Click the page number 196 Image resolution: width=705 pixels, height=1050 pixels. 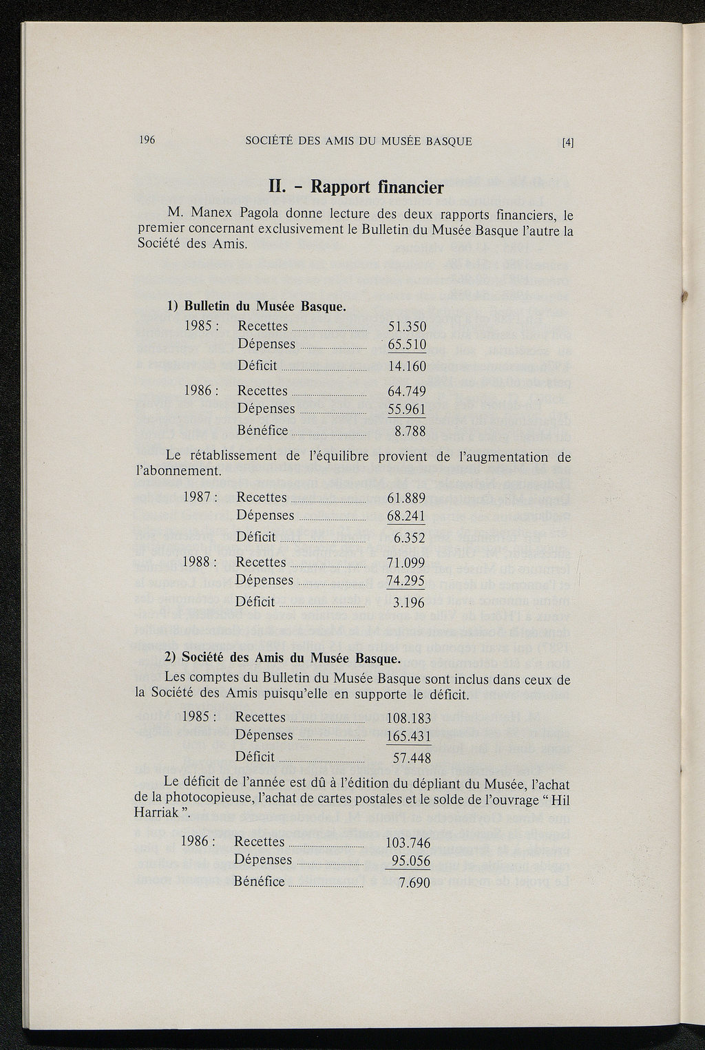click(x=147, y=140)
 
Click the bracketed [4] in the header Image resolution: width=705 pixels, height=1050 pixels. click(x=567, y=143)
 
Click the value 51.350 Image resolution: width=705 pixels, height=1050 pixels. click(x=407, y=327)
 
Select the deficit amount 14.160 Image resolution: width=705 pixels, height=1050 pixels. click(x=407, y=366)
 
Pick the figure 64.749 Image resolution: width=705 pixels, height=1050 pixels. click(x=407, y=392)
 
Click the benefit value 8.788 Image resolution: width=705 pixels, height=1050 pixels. click(x=410, y=432)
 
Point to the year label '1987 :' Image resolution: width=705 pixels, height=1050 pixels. click(x=200, y=498)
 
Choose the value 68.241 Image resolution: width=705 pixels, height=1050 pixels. click(x=406, y=516)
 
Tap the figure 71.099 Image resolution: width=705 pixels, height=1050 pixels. click(x=406, y=563)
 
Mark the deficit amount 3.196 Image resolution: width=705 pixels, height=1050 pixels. click(x=409, y=604)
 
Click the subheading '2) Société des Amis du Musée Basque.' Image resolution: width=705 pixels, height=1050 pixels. click(x=283, y=658)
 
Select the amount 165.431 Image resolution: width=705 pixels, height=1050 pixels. click(x=409, y=737)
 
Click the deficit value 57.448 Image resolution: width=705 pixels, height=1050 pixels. click(x=412, y=759)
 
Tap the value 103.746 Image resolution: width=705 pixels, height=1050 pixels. click(x=408, y=843)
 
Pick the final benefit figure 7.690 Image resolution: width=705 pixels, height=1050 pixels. click(x=414, y=883)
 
